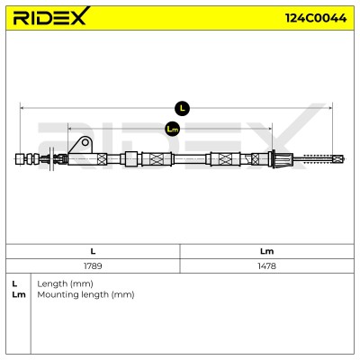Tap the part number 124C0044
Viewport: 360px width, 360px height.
coord(316,18)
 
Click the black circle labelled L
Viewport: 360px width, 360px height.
coord(182,108)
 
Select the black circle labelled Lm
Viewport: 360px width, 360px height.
coord(172,129)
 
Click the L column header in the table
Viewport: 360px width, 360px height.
coord(93,251)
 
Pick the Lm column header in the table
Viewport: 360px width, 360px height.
coord(266,251)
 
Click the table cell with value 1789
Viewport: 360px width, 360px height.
coord(93,265)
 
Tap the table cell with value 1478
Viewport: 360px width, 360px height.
coord(266,265)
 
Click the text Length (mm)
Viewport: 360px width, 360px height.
coord(65,283)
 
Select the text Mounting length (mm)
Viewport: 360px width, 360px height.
coord(85,294)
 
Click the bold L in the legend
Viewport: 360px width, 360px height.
coord(14,283)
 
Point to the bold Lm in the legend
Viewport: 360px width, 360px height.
coord(19,294)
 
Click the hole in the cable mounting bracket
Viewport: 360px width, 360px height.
coord(85,142)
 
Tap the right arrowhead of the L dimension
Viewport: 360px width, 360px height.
coord(331,108)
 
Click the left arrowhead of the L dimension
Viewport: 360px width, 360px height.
coord(22,108)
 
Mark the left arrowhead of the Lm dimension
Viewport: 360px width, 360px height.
coord(70,129)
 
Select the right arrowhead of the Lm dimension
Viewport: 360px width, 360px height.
coord(270,129)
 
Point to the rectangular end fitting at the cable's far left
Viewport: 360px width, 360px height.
coord(20,159)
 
